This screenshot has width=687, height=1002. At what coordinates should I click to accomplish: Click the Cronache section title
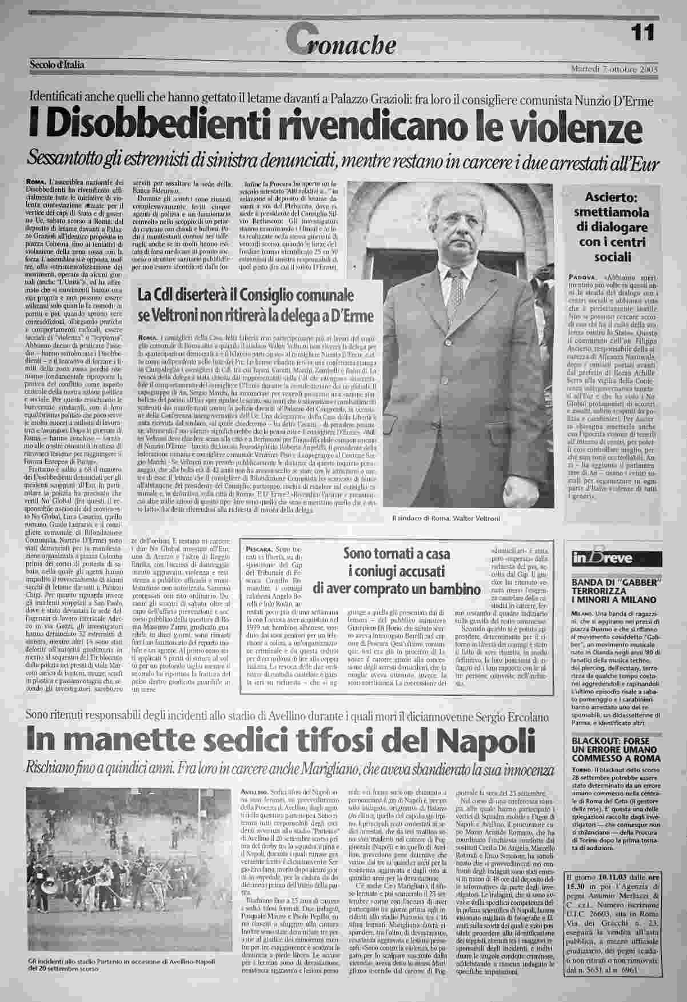pyautogui.click(x=344, y=39)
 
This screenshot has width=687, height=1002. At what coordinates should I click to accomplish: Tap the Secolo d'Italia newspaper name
pyautogui.click(x=57, y=65)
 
